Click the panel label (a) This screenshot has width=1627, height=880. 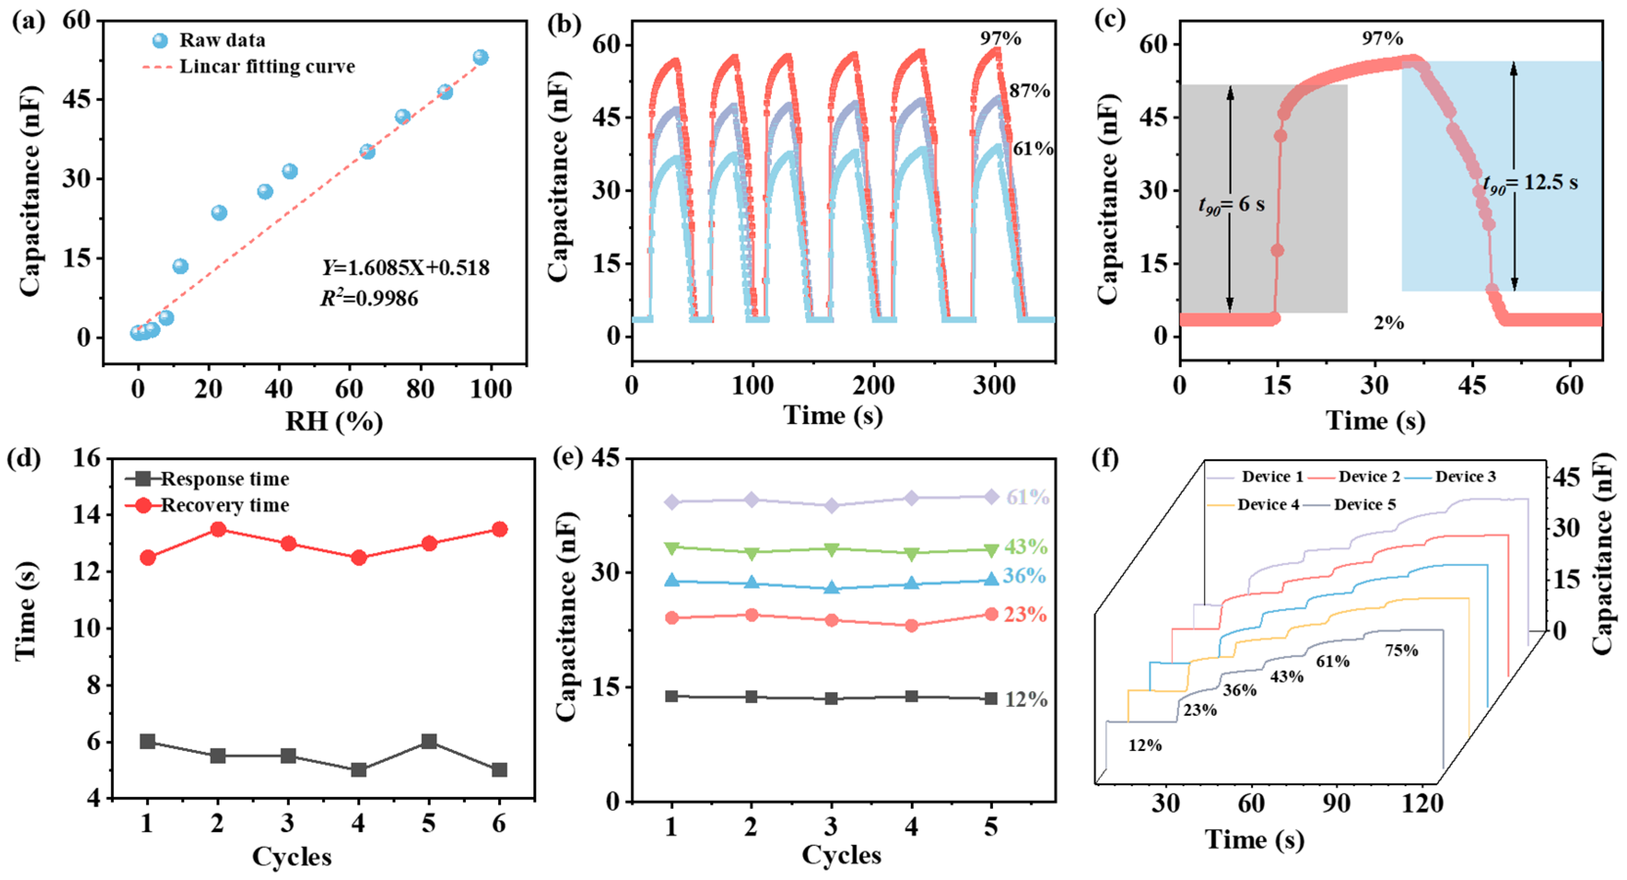pos(28,22)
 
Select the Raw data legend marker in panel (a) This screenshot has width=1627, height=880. pos(160,41)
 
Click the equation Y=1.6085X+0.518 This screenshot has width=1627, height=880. pos(405,268)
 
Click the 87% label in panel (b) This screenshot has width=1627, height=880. pos(1029,91)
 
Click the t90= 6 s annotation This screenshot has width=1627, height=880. pos(1231,205)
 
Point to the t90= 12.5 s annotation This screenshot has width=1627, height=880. pos(1530,183)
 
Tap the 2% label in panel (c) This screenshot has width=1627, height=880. pos(1388,323)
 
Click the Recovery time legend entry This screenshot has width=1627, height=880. pos(224,506)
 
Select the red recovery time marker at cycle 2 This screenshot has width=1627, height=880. pos(219,529)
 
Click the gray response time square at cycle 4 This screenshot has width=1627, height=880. pos(359,770)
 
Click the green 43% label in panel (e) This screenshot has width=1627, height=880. pos(1026,547)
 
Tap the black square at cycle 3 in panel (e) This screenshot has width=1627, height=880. pos(831,699)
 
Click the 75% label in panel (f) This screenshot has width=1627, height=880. pos(1401,651)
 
